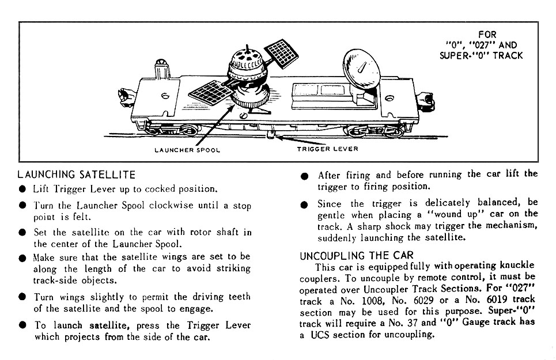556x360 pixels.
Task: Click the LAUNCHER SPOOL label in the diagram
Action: point(187,150)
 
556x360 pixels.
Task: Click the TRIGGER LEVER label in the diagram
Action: point(327,149)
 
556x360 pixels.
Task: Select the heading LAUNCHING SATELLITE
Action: point(77,174)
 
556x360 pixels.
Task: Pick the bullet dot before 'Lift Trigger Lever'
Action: point(22,189)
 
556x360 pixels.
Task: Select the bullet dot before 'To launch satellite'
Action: point(22,325)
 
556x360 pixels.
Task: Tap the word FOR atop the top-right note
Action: point(487,35)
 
